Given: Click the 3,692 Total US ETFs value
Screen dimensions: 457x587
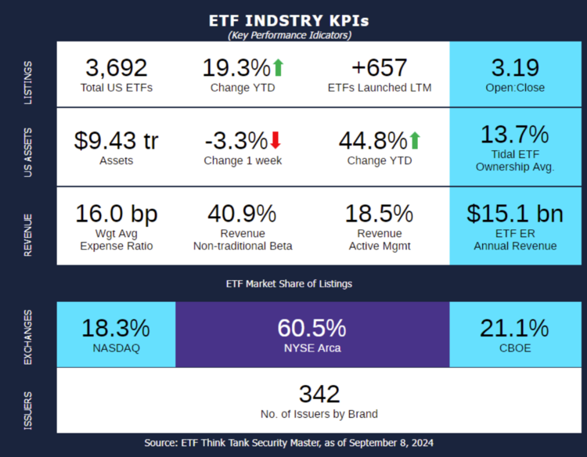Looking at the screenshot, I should [x=116, y=68].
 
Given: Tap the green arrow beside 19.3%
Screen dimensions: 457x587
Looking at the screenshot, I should [x=278, y=68].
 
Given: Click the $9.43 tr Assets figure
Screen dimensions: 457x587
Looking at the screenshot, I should [x=116, y=141].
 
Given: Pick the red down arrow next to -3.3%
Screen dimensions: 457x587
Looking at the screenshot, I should [x=275, y=141].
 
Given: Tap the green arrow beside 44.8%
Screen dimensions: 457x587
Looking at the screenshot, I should [x=415, y=141].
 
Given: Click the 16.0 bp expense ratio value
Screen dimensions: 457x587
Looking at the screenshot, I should [x=116, y=213].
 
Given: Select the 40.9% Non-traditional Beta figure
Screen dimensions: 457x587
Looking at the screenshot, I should [x=242, y=213].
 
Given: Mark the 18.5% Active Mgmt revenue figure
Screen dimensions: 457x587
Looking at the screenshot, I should [x=379, y=213].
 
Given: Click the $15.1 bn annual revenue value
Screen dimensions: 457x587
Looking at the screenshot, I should [x=515, y=213].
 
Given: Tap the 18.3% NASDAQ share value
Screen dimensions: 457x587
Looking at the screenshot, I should [x=116, y=328].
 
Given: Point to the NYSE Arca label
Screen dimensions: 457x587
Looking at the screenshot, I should [x=312, y=348].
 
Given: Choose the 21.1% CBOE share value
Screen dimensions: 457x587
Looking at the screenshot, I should [x=515, y=328].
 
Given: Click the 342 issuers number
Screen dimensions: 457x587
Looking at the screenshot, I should [x=319, y=394].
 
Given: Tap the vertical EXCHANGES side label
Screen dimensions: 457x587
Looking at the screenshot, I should [x=29, y=337].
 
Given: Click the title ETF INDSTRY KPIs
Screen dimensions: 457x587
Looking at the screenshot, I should [x=289, y=20].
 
